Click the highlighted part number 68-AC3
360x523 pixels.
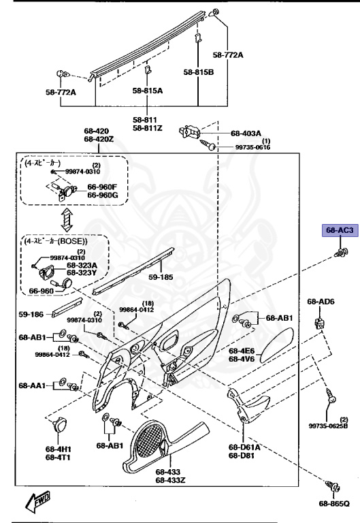click(x=338, y=231)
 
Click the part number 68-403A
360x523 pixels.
click(x=246, y=133)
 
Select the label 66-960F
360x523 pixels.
click(x=102, y=187)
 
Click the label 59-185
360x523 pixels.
click(x=161, y=277)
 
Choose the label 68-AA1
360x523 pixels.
click(x=31, y=385)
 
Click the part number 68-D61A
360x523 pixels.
click(x=244, y=447)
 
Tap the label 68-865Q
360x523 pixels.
click(x=333, y=504)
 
